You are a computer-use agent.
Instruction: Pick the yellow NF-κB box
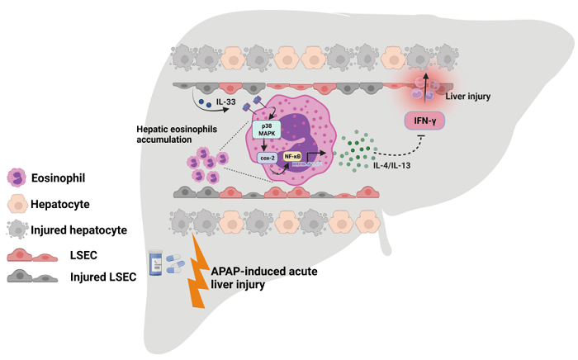(x=292, y=155)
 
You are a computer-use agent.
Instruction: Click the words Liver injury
(x=467, y=97)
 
